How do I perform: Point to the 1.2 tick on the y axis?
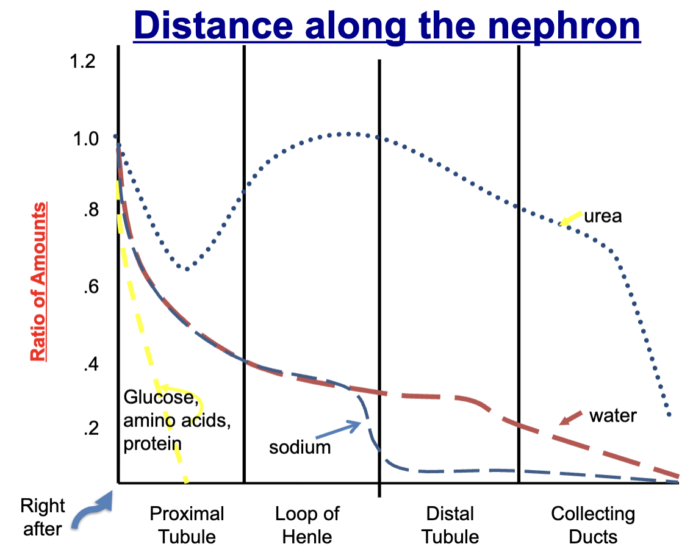(x=82, y=63)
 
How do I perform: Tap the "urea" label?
(x=602, y=216)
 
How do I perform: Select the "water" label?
(x=612, y=416)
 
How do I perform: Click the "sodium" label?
(x=300, y=447)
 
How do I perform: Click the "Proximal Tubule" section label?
(x=187, y=525)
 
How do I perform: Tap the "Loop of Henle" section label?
(x=307, y=525)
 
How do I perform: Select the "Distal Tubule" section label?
(x=450, y=525)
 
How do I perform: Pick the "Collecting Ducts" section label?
(x=593, y=525)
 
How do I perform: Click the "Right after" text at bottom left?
(x=42, y=517)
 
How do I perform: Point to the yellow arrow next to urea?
(x=570, y=218)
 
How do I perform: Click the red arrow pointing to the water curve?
(x=571, y=419)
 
